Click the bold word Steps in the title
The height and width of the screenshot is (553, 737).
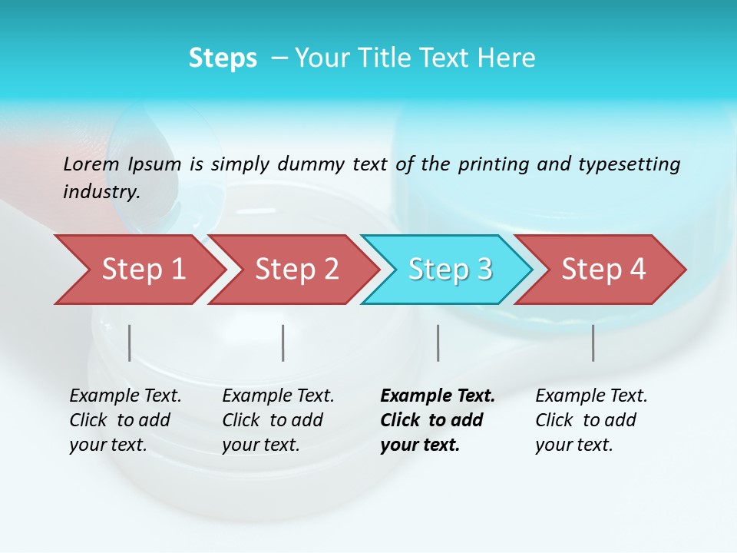pyautogui.click(x=223, y=58)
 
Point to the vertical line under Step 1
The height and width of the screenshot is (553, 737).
pyautogui.click(x=130, y=343)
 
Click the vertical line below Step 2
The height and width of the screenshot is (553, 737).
pyautogui.click(x=283, y=343)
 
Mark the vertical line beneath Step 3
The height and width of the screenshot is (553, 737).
pyautogui.click(x=438, y=343)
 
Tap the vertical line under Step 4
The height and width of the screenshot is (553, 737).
pyautogui.click(x=593, y=343)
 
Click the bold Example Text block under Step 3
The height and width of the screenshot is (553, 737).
pyautogui.click(x=438, y=420)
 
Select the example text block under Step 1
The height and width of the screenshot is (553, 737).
pyautogui.click(x=125, y=420)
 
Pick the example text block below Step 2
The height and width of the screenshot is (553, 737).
pyautogui.click(x=278, y=420)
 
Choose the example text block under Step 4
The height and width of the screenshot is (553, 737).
pyautogui.click(x=591, y=420)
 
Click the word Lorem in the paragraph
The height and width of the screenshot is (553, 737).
pyautogui.click(x=91, y=164)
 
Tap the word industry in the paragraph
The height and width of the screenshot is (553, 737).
pyautogui.click(x=100, y=192)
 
